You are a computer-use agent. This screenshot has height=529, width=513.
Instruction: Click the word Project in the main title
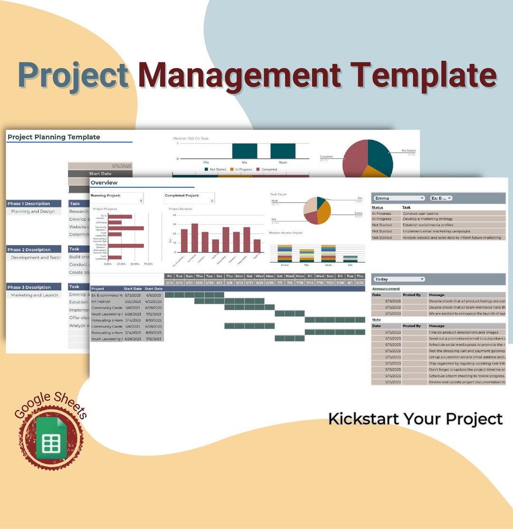click(74, 75)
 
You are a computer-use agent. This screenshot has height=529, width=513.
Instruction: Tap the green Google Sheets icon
click(52, 438)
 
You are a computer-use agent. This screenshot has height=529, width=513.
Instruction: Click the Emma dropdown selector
click(399, 198)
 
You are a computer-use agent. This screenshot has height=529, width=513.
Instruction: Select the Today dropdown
click(399, 279)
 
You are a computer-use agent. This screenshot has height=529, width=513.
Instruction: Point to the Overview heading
click(104, 183)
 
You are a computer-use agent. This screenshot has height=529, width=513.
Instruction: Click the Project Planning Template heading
click(54, 137)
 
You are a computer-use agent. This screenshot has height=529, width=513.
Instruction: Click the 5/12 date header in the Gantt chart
click(169, 283)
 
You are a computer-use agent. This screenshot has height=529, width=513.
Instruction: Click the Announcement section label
click(386, 289)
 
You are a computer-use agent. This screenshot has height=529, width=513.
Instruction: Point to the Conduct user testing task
click(420, 214)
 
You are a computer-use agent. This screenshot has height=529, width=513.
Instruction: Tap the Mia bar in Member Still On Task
click(245, 151)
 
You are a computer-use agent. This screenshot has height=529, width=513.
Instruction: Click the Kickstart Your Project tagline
click(415, 419)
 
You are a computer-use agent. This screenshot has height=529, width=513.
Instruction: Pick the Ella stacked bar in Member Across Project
click(350, 257)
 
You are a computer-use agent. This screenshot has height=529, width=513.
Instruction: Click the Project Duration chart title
click(180, 209)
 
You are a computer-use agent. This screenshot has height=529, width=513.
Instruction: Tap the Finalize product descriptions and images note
click(463, 333)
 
